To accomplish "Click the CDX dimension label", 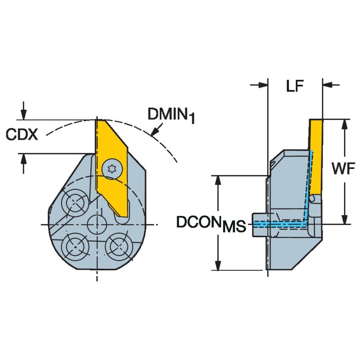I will (x=21, y=134).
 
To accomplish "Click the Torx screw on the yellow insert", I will (x=112, y=169).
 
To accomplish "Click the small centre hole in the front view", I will (x=97, y=224).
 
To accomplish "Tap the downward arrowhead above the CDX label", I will (x=24, y=114).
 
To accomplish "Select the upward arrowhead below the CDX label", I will (x=24, y=159).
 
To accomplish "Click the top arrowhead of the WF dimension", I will (x=345, y=124).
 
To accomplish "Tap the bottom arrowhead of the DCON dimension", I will (x=218, y=266).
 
